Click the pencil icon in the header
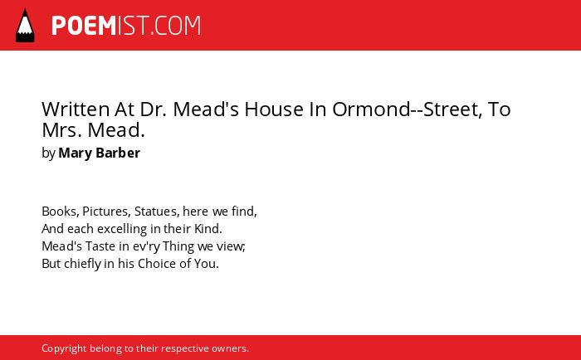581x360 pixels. [25, 25]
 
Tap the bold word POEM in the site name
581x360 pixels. [84, 26]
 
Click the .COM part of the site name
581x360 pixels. [176, 26]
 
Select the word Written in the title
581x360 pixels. [76, 109]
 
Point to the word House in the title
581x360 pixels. [274, 109]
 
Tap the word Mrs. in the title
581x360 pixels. [62, 130]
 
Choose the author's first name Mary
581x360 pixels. [75, 153]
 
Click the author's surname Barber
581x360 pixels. [118, 153]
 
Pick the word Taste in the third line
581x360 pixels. [100, 246]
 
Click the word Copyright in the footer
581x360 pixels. [64, 348]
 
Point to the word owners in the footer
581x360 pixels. [230, 348]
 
